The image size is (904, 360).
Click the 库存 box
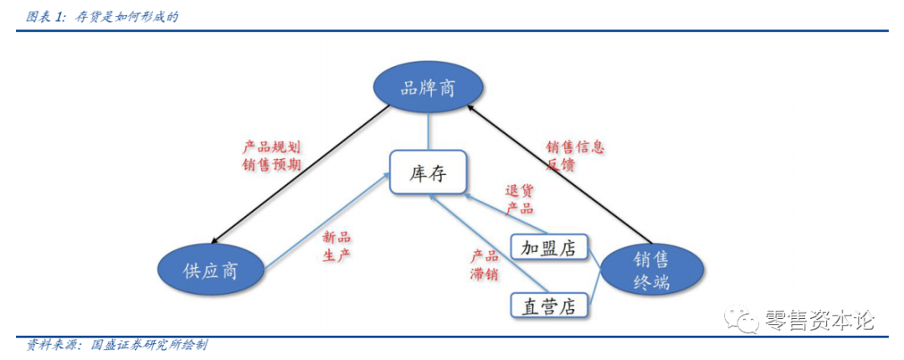pyautogui.click(x=428, y=174)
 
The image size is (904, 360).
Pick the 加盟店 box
pyautogui.click(x=548, y=248)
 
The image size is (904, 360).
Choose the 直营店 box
pyautogui.click(x=548, y=306)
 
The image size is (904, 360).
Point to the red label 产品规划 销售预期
pyautogui.click(x=271, y=155)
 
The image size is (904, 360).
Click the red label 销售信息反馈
pyautogui.click(x=575, y=156)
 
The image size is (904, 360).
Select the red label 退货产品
pyautogui.click(x=519, y=199)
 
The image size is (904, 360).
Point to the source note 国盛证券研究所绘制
pyautogui.click(x=148, y=344)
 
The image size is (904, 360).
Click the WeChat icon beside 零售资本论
pyautogui.click(x=742, y=319)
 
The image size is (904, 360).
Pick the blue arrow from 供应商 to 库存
pyautogui.click(x=326, y=221)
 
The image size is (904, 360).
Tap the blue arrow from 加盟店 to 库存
pyautogui.click(x=502, y=214)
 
